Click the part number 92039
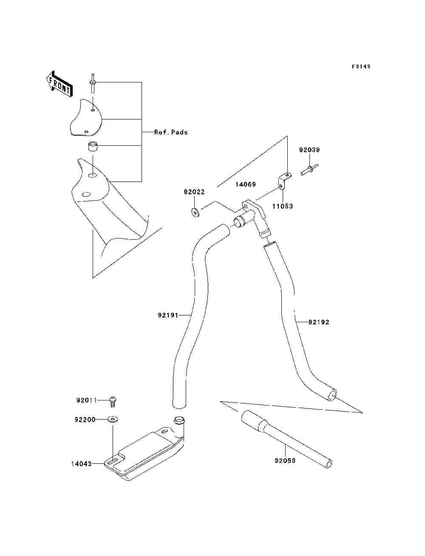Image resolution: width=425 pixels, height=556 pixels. tap(309, 150)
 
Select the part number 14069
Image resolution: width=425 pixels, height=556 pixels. tap(246, 184)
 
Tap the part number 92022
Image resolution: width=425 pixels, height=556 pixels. tap(194, 192)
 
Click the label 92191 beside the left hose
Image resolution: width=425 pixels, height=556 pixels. tap(168, 315)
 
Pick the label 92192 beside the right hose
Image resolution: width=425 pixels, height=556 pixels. tap(319, 322)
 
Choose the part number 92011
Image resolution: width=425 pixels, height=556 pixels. tap(87, 400)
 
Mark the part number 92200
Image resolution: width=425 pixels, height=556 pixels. tap(85, 420)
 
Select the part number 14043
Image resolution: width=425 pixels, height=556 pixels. tap(81, 464)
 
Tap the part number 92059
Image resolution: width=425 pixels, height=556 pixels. tap(285, 461)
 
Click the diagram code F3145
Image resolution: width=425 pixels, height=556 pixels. tap(361, 66)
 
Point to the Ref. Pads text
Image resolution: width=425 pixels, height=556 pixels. tap(171, 132)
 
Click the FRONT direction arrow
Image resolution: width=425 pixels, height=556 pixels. tap(59, 85)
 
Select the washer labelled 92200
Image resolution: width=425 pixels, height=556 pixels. tap(113, 420)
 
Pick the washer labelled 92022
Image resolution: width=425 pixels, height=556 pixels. tap(195, 212)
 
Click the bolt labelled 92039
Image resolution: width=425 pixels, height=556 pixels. tap(309, 170)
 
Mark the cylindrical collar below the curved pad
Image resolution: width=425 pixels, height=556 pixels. tap(93, 148)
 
